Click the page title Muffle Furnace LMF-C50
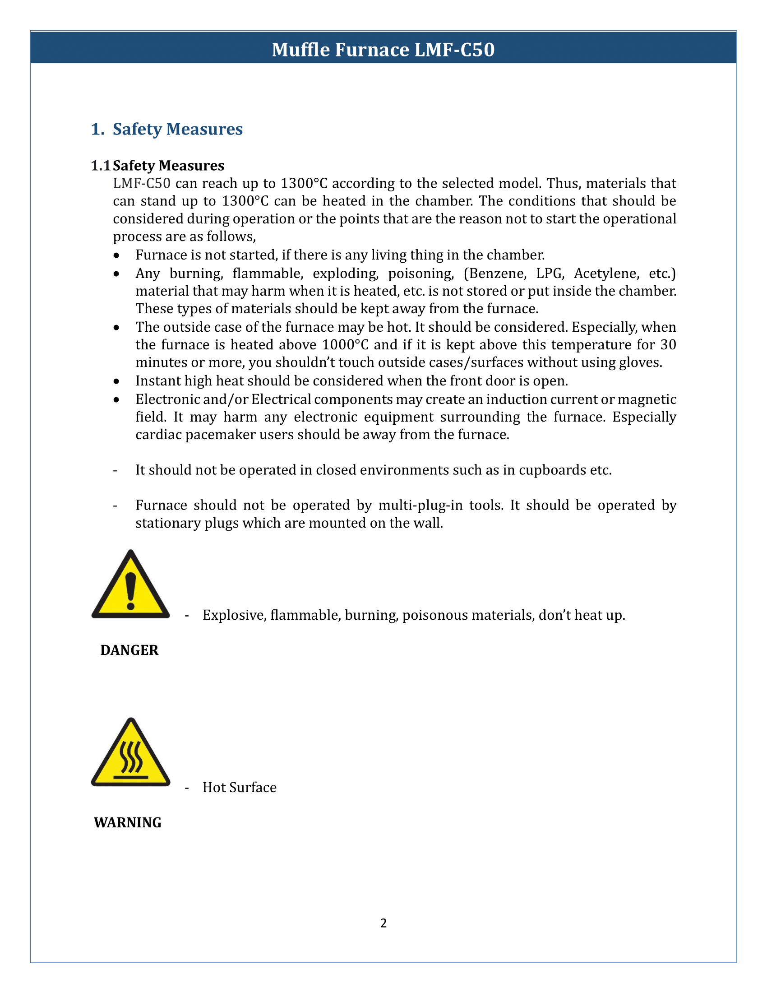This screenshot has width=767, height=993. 383,49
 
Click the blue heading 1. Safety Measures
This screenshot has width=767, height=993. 167,129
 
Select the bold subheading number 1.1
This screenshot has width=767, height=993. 101,166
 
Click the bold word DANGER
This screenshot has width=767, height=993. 129,650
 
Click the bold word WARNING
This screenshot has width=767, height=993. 128,822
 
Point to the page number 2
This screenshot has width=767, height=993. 383,923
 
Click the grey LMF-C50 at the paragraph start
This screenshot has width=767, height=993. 142,183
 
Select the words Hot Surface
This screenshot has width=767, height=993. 240,788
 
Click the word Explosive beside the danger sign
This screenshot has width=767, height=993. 234,615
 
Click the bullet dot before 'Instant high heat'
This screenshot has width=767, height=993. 117,381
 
